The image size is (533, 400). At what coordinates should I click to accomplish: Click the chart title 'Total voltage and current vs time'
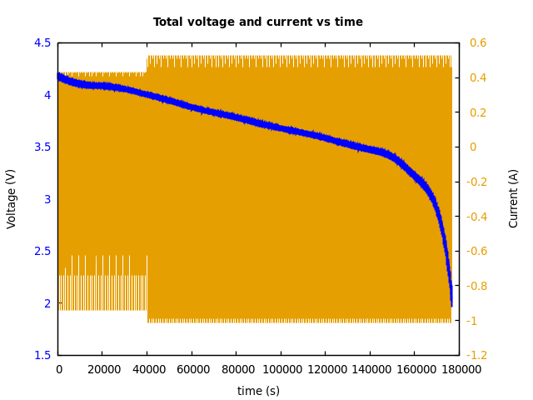pos(258,22)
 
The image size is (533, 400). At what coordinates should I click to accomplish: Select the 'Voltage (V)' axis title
pos(12,198)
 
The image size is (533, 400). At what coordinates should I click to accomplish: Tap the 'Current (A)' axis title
pos(514,198)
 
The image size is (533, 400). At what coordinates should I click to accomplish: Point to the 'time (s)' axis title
pos(258,391)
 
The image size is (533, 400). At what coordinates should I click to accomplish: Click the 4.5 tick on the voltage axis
pos(42,43)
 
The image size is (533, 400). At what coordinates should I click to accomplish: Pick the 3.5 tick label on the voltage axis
pos(42,147)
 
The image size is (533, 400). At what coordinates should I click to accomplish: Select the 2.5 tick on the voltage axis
pos(42,252)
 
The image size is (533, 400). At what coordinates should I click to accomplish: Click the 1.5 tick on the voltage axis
pos(42,356)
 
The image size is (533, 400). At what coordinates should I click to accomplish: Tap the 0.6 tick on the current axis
pos(478,43)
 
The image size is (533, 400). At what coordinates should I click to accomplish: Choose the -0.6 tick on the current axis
pos(481,252)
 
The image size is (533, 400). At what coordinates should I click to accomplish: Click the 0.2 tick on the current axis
pos(478,112)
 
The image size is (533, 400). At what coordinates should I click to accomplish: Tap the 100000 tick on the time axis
pos(281,370)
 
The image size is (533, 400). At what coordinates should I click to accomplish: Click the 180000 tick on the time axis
pos(459,370)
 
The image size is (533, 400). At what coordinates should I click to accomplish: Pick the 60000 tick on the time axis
pos(192,370)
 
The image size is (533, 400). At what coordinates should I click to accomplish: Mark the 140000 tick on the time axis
pos(370,370)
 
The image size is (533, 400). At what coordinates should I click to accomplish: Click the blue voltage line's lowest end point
pos(451,305)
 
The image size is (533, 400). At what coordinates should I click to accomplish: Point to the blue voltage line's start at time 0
pos(58,76)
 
